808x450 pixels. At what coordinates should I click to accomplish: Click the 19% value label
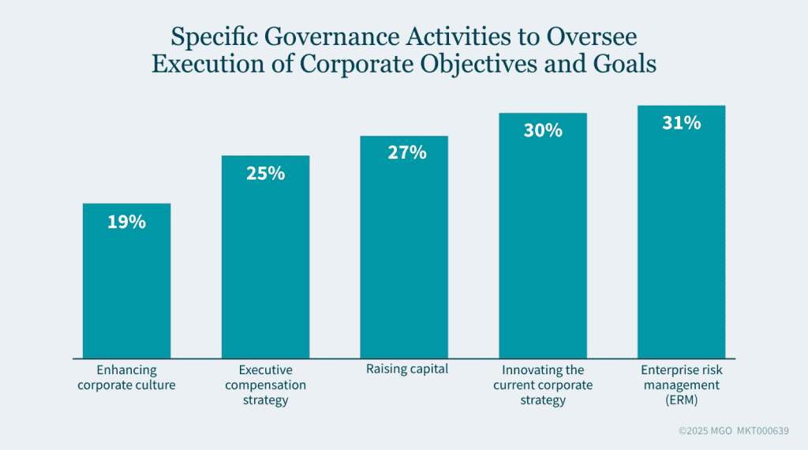point(126,222)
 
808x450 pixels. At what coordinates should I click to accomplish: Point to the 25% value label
point(265,173)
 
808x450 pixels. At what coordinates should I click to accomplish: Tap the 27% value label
point(406,152)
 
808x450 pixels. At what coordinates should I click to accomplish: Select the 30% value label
point(543,130)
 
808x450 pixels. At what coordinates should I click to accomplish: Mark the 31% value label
point(681,123)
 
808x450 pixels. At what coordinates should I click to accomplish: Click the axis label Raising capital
point(407,369)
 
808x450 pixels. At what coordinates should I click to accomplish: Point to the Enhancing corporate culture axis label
point(126,377)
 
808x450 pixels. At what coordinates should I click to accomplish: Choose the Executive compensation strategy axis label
point(265,384)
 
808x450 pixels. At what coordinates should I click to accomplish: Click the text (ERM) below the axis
point(680,399)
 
